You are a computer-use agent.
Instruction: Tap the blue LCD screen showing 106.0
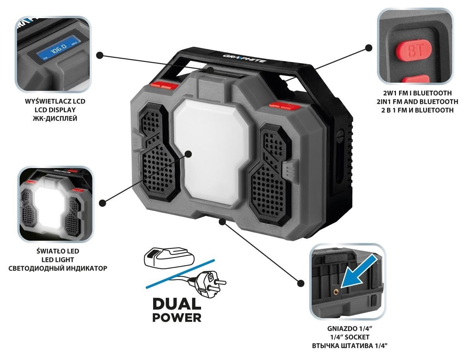[x=56, y=49]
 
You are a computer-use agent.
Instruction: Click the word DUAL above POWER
[x=177, y=304]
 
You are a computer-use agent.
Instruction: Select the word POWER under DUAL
[x=177, y=318]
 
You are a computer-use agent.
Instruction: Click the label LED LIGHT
[x=57, y=260]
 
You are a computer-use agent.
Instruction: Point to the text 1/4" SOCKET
[x=349, y=337]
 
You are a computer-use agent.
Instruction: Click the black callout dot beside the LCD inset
[x=100, y=55]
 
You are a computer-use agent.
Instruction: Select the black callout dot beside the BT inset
[x=368, y=48]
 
